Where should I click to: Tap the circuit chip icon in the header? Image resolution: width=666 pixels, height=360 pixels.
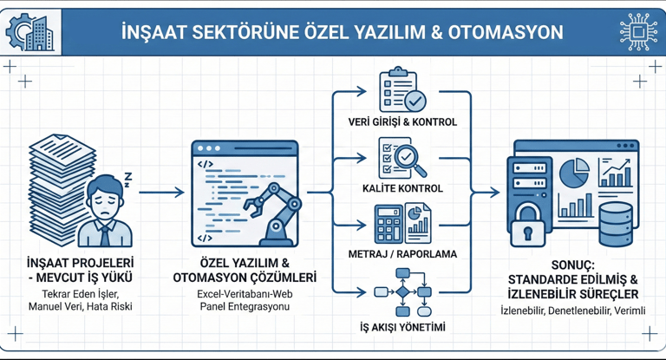pyautogui.click(x=638, y=32)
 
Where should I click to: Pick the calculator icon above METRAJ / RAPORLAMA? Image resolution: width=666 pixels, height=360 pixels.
pyautogui.click(x=387, y=224)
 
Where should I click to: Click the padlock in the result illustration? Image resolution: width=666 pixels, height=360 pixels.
pyautogui.click(x=527, y=228)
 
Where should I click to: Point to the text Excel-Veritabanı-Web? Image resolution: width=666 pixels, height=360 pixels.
pyautogui.click(x=244, y=295)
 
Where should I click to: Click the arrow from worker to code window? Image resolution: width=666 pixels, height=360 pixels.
pyautogui.click(x=161, y=192)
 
